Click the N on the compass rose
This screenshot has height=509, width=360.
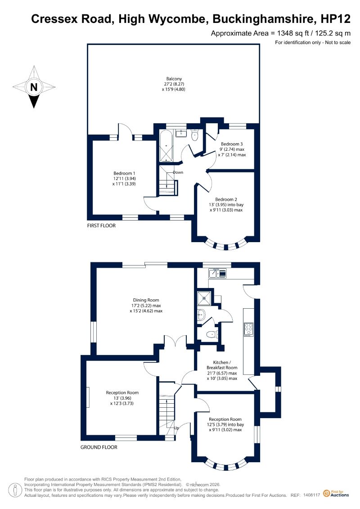(x=34, y=87)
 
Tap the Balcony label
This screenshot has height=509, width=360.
(x=174, y=79)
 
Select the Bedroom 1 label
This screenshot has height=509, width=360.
(x=124, y=173)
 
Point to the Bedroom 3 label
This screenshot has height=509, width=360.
(x=232, y=144)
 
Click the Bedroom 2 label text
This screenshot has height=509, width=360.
(x=226, y=199)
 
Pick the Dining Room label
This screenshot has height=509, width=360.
(x=146, y=300)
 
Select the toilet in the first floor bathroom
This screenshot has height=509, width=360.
(x=195, y=135)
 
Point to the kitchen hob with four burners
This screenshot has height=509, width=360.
(x=249, y=329)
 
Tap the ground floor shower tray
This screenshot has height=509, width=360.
(x=204, y=297)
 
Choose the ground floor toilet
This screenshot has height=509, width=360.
(x=212, y=333)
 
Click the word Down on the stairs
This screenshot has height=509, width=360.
(x=178, y=172)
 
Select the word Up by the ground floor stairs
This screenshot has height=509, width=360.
(x=176, y=428)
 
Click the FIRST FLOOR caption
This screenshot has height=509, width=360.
(x=101, y=225)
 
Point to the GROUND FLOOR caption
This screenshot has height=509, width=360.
(x=99, y=447)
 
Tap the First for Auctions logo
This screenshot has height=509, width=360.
(x=336, y=494)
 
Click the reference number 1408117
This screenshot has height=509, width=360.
(x=312, y=495)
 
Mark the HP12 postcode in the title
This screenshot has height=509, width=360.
(x=335, y=19)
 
